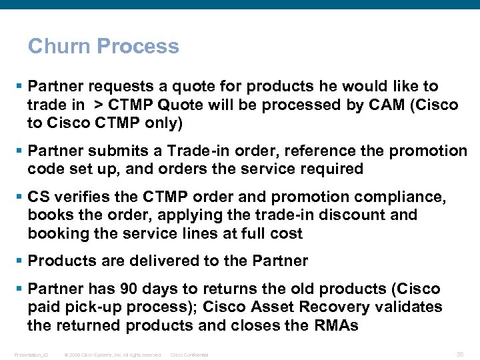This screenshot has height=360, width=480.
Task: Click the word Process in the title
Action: click(x=138, y=46)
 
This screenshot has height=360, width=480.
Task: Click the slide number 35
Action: click(x=459, y=354)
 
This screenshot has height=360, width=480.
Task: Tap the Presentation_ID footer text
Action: click(x=31, y=355)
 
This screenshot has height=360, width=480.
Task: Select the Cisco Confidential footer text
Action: click(x=189, y=355)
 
